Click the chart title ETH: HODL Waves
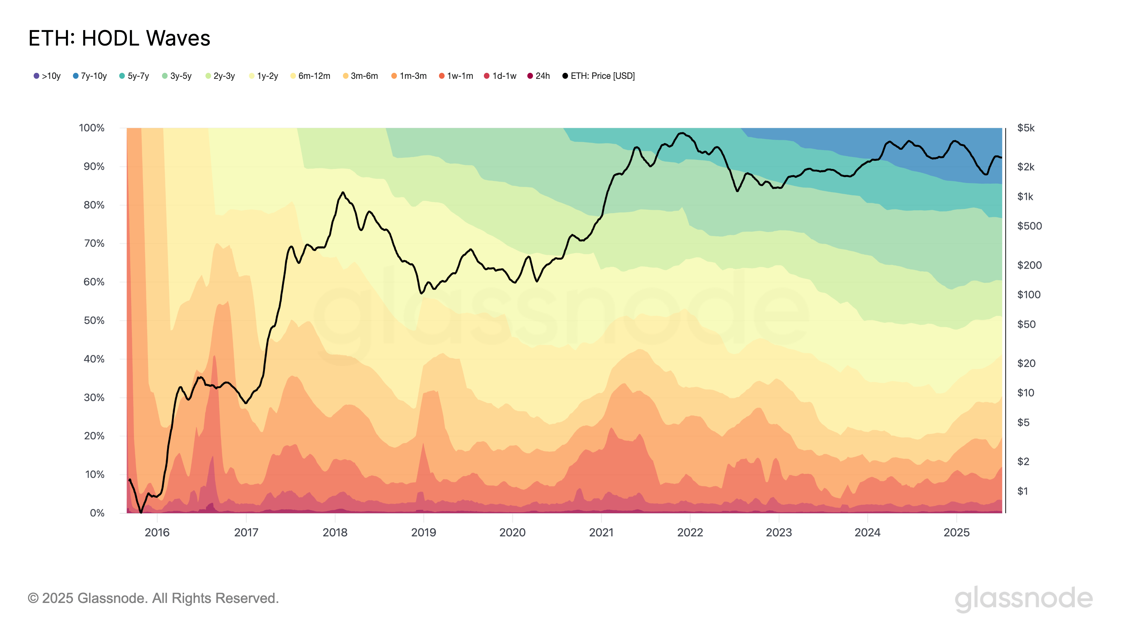(119, 38)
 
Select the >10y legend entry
(47, 76)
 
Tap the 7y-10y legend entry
(90, 76)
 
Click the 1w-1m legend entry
(456, 76)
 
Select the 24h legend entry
(539, 76)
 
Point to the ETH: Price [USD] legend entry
(599, 76)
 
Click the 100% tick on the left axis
(92, 128)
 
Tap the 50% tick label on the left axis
(94, 320)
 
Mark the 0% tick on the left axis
(97, 513)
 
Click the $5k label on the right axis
(1026, 128)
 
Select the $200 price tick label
(1029, 265)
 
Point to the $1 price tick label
(1022, 491)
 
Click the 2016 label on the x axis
(157, 532)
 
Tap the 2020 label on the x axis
(512, 532)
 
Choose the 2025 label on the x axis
(957, 532)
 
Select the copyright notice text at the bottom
(153, 598)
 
